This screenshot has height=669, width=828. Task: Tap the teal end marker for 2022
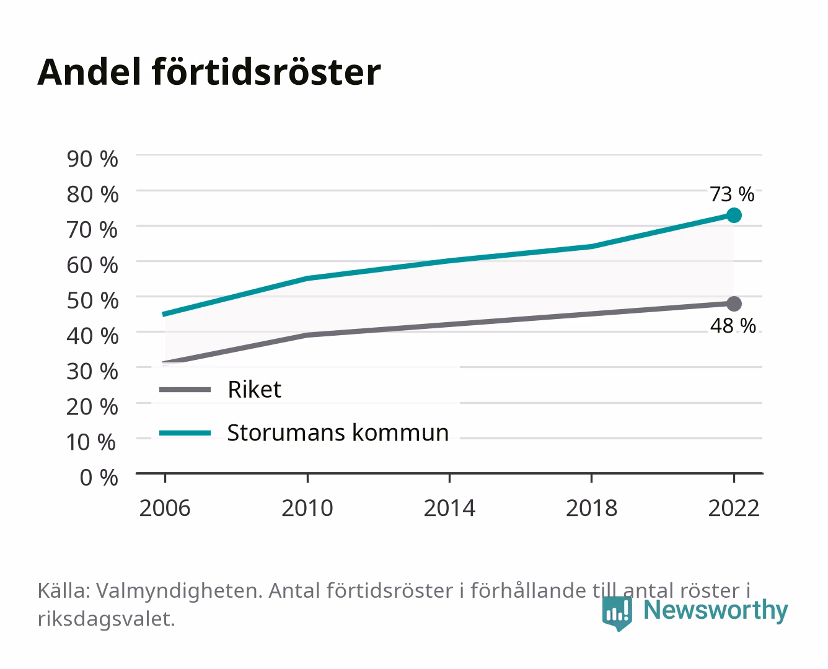[x=734, y=215]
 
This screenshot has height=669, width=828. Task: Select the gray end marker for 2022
[x=734, y=304]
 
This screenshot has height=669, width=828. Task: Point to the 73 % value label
[x=732, y=194]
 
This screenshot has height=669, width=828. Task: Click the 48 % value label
[x=733, y=325]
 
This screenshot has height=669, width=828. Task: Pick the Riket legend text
[x=254, y=389]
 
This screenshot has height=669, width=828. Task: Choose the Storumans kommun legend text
[x=338, y=432]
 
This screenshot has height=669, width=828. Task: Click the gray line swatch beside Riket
[x=185, y=389]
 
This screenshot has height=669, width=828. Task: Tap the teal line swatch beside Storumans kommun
[x=185, y=433]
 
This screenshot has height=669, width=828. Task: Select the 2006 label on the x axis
[x=165, y=508]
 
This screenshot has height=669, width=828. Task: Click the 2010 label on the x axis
[x=307, y=508]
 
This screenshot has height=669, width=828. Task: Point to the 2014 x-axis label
[x=449, y=508]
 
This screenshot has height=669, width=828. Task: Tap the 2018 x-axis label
[x=591, y=508]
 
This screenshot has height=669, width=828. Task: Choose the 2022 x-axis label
[x=734, y=508]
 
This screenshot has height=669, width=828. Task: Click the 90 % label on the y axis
[x=92, y=159]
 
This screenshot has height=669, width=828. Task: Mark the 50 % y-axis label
[x=92, y=300]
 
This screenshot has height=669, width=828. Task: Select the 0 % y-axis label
[x=99, y=477]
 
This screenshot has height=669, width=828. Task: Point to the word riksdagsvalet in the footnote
[x=106, y=618]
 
